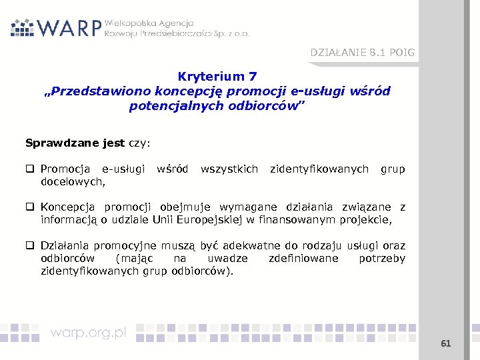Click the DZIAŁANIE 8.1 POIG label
click(362, 53)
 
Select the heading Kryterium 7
click(217, 77)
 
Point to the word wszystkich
click(229, 169)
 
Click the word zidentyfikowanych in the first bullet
click(319, 169)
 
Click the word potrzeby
click(381, 258)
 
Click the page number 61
click(446, 343)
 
